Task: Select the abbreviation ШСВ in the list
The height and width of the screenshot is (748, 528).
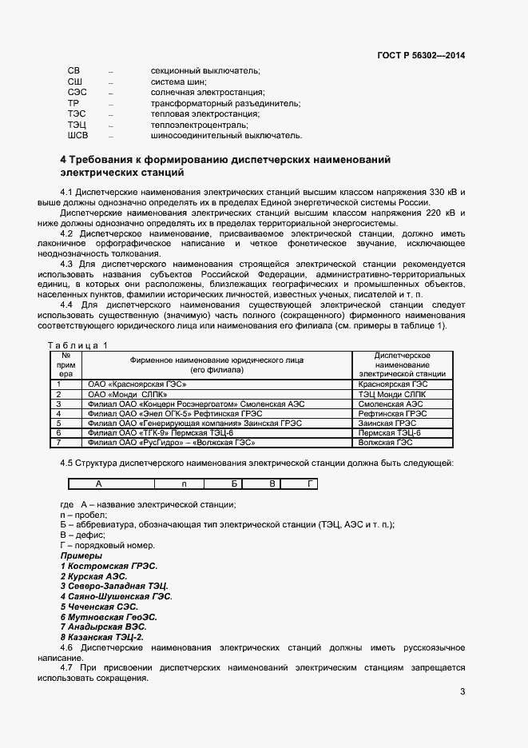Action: click(77, 136)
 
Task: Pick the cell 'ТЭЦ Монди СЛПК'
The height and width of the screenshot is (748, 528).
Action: click(391, 394)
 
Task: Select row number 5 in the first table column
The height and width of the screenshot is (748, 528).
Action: click(58, 423)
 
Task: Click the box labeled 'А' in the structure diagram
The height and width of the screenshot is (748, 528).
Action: click(98, 484)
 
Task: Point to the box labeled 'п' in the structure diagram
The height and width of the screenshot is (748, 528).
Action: click(184, 484)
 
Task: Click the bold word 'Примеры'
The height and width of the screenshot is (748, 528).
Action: click(81, 555)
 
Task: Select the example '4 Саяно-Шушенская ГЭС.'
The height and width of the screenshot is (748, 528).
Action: click(116, 596)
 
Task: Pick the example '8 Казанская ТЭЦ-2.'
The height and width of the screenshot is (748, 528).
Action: click(102, 637)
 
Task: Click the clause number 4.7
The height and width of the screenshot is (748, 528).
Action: click(68, 667)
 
